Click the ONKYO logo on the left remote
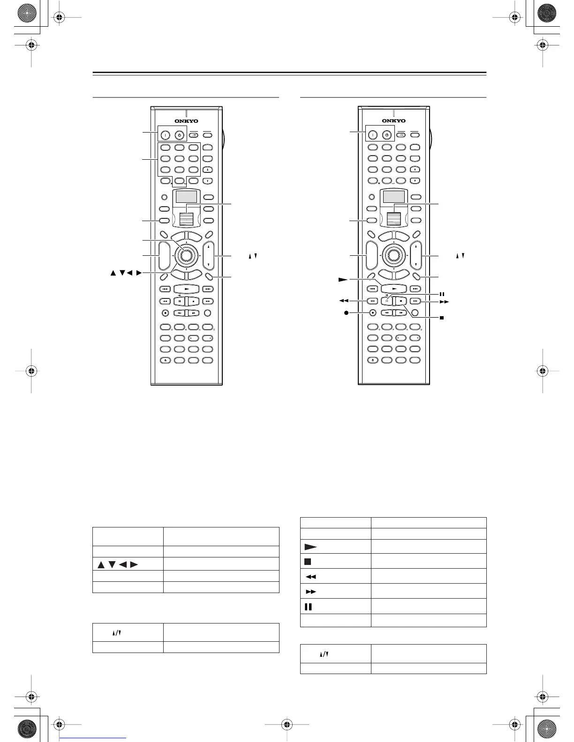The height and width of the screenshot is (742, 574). [x=186, y=121]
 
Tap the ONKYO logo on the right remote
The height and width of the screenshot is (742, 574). [x=394, y=121]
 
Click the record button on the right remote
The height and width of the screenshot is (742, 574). [x=372, y=312]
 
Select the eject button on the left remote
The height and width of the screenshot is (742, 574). [x=166, y=360]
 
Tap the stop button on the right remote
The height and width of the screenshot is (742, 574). [x=401, y=301]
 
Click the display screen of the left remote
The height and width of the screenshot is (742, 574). [x=186, y=197]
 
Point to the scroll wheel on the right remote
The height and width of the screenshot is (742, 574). [x=394, y=219]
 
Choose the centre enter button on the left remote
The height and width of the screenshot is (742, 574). [x=186, y=255]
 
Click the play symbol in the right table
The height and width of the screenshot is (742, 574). [x=310, y=547]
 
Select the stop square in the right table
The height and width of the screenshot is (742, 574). [x=308, y=561]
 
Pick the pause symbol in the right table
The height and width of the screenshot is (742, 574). [x=308, y=607]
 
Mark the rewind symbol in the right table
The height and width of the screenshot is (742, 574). [x=310, y=577]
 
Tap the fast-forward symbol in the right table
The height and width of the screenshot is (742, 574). [x=310, y=592]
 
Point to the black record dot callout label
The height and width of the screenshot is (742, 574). [x=347, y=313]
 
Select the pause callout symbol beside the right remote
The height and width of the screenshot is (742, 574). [x=442, y=294]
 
